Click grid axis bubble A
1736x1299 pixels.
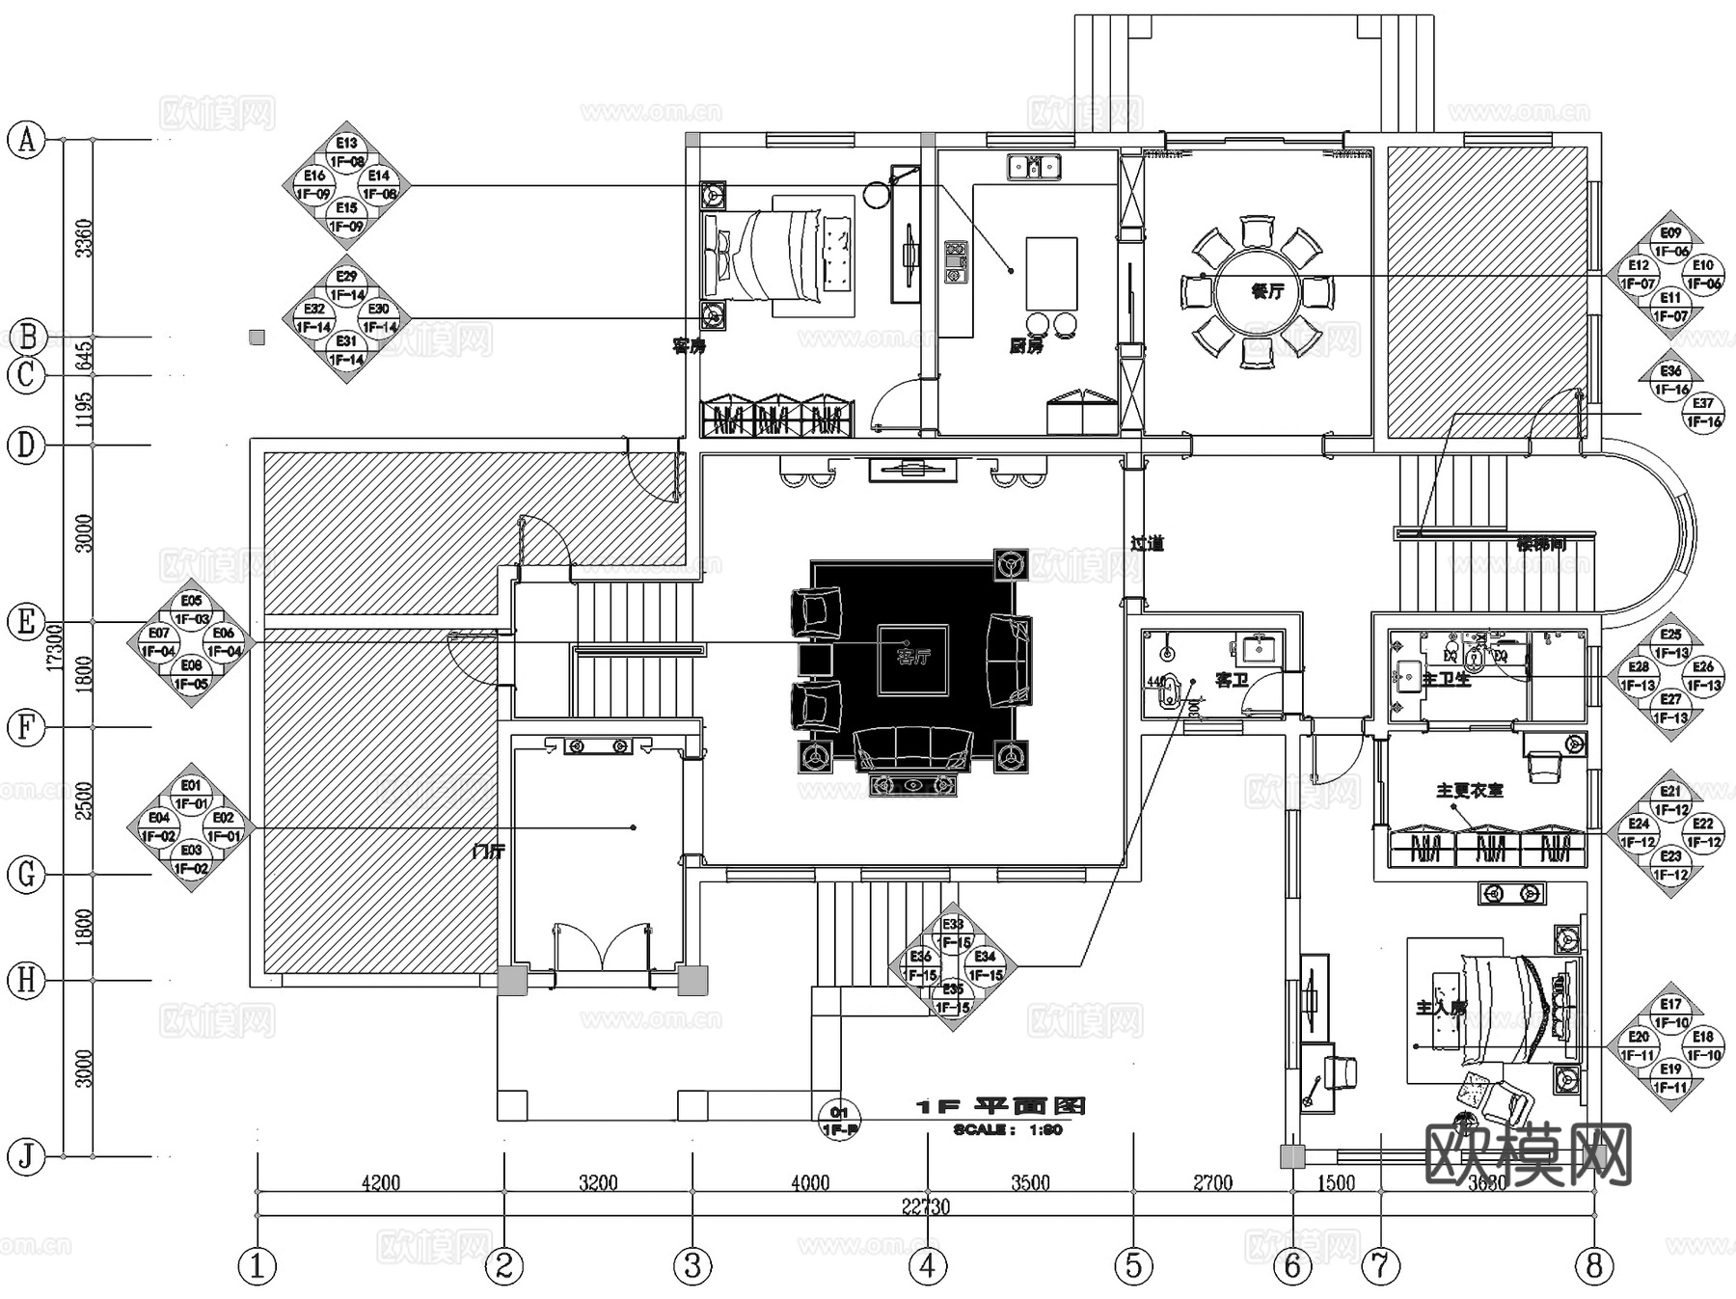tap(27, 140)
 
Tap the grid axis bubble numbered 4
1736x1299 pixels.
tap(928, 1265)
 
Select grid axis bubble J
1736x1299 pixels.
tap(27, 1156)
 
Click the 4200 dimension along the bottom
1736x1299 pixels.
tap(380, 1182)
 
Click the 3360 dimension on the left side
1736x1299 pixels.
tap(84, 237)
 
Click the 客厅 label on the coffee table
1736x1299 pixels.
tap(912, 659)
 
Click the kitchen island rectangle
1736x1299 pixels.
tap(1051, 273)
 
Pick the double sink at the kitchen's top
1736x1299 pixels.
tap(1034, 167)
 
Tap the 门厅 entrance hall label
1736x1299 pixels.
tap(489, 852)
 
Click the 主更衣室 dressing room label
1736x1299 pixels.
tap(1469, 791)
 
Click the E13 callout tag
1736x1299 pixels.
tap(346, 145)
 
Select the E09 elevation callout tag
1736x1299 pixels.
tap(1670, 233)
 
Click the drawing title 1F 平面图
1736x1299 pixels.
tap(1000, 1106)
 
